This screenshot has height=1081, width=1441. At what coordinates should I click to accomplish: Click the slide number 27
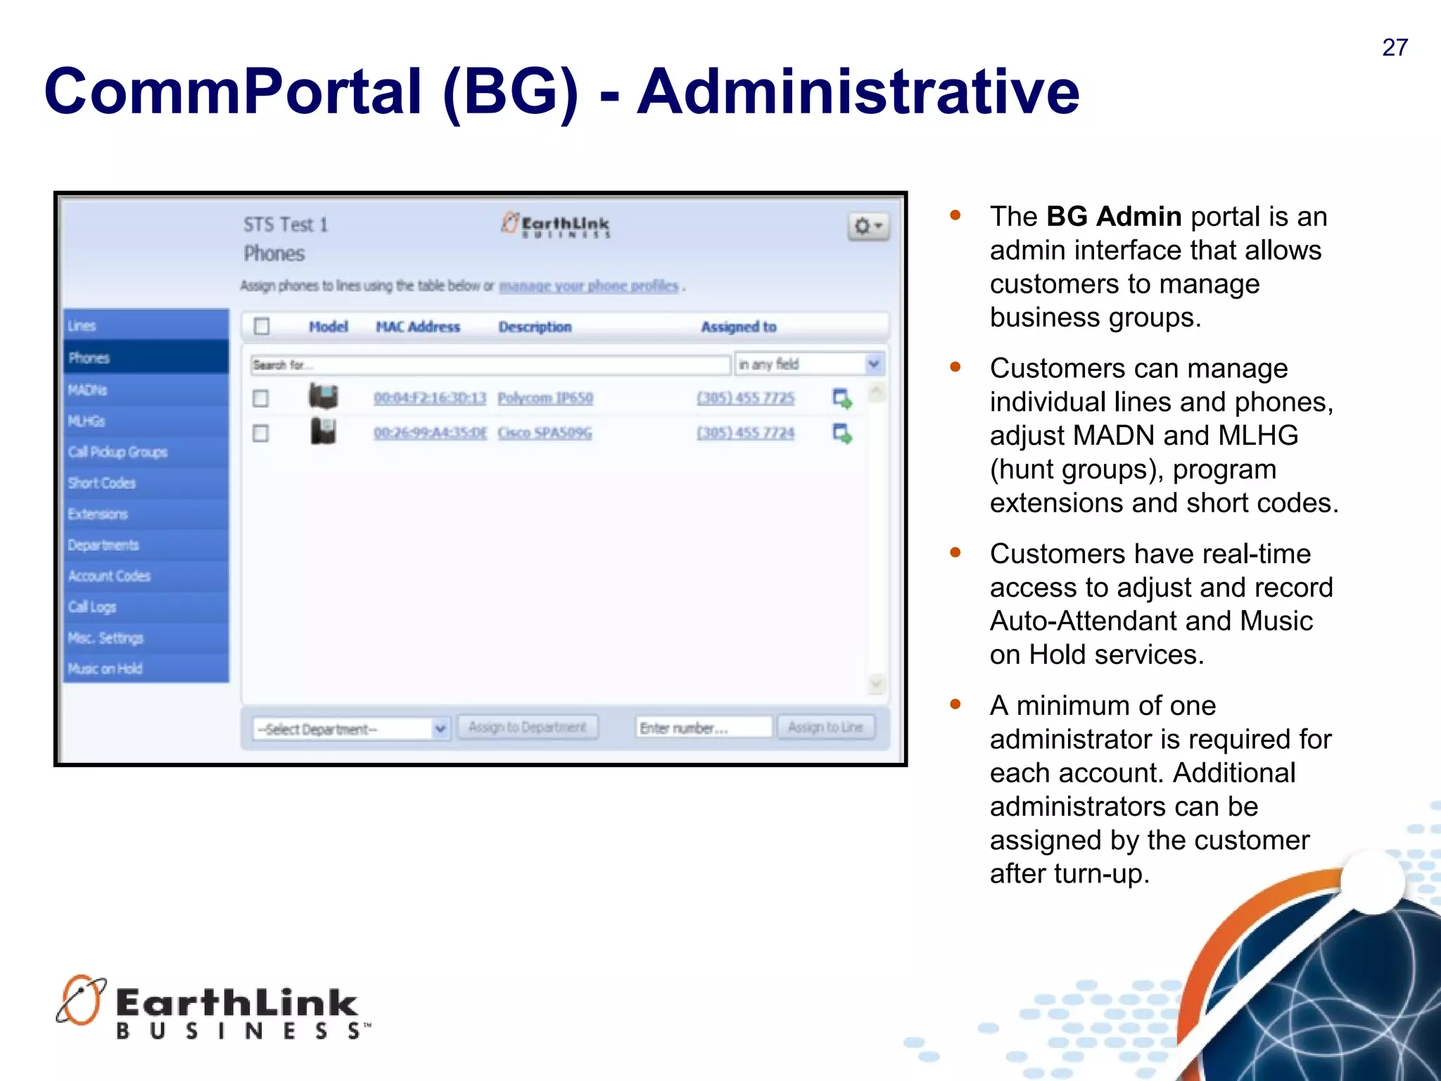click(x=1395, y=48)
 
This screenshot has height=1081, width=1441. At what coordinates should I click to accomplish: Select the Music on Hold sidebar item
click(x=106, y=669)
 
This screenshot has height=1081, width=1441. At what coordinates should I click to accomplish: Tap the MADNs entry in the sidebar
click(x=88, y=390)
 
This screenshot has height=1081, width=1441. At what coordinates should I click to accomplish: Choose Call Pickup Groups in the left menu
click(x=118, y=452)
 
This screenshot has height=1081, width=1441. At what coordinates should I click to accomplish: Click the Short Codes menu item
click(x=102, y=483)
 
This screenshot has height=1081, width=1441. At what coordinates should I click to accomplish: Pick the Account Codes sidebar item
click(x=109, y=576)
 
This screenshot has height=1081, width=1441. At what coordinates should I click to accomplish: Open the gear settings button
click(x=868, y=227)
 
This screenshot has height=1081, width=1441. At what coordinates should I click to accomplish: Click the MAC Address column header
click(x=417, y=327)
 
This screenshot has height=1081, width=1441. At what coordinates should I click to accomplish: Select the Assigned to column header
click(x=738, y=327)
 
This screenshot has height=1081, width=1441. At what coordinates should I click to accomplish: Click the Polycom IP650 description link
click(x=545, y=398)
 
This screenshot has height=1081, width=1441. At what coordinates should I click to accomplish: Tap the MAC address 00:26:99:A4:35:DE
click(x=430, y=433)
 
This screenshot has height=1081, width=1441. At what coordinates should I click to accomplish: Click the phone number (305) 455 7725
click(x=745, y=398)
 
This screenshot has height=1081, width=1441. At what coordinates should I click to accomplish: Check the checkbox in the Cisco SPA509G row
click(x=261, y=433)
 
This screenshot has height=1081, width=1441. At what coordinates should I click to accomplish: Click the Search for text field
click(x=490, y=365)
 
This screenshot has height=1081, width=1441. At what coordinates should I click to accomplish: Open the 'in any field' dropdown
click(x=809, y=364)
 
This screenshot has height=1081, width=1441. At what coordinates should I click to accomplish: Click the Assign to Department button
click(x=527, y=727)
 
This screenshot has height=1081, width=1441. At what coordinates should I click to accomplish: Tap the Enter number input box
click(x=703, y=728)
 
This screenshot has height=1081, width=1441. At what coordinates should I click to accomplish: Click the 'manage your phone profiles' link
click(x=588, y=286)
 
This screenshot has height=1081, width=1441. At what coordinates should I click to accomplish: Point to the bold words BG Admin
click(x=1113, y=217)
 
